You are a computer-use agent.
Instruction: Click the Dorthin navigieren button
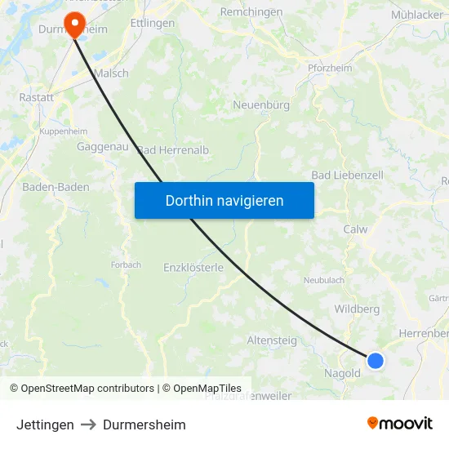pyautogui.click(x=224, y=200)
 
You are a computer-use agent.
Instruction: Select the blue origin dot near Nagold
pyautogui.click(x=375, y=359)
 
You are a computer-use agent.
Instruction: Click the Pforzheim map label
pyautogui.click(x=330, y=69)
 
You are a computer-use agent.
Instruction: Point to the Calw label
pyautogui.click(x=355, y=229)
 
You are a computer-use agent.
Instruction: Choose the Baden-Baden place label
pyautogui.click(x=56, y=187)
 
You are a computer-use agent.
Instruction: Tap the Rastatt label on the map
pyautogui.click(x=36, y=97)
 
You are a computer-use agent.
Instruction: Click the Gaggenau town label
pyautogui.click(x=101, y=146)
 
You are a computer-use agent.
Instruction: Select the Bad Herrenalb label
pyautogui.click(x=173, y=150)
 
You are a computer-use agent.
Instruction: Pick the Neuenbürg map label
pyautogui.click(x=261, y=105)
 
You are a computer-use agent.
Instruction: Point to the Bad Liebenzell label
pyautogui.click(x=347, y=176)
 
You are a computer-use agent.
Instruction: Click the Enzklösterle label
pyautogui.click(x=193, y=267)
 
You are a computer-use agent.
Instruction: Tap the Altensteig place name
pyautogui.click(x=272, y=340)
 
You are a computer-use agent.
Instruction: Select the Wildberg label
pyautogui.click(x=357, y=309)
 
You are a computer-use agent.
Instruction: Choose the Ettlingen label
pyautogui.click(x=153, y=23)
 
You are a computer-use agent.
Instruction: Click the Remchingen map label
pyautogui.click(x=251, y=12)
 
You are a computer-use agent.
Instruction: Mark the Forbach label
pyautogui.click(x=126, y=265)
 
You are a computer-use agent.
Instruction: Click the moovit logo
pyautogui.click(x=400, y=423)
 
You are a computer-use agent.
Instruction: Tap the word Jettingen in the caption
pyautogui.click(x=45, y=425)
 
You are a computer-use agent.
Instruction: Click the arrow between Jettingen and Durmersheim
pyautogui.click(x=88, y=425)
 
